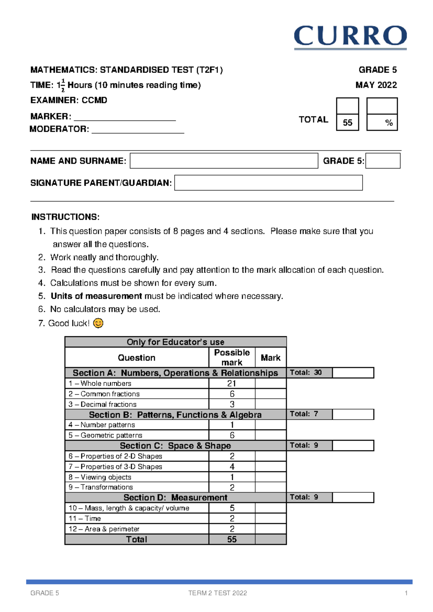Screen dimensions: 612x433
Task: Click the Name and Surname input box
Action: (x=224, y=161)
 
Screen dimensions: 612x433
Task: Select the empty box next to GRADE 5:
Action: (x=383, y=161)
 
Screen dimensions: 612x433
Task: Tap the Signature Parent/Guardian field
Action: (x=268, y=183)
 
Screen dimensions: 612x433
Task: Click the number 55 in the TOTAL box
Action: (x=347, y=123)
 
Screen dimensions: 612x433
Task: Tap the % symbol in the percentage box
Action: (x=389, y=123)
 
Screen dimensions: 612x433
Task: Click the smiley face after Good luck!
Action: (x=98, y=323)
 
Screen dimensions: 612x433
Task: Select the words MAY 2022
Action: (x=376, y=85)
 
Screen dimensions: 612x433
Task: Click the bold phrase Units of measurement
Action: (x=96, y=296)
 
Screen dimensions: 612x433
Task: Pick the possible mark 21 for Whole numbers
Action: (x=232, y=384)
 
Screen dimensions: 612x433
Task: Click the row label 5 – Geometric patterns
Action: (x=105, y=436)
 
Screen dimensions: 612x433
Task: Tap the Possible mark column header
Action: (x=232, y=357)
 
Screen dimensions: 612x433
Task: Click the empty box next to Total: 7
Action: (x=353, y=414)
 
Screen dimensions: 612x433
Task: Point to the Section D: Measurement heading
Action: (x=175, y=498)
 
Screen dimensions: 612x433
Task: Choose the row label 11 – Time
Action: (x=85, y=519)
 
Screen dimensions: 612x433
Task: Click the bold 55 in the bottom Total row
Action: (x=232, y=539)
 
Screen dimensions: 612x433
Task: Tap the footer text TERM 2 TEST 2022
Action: (x=218, y=593)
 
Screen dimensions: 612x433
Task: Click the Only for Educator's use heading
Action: (x=175, y=342)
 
